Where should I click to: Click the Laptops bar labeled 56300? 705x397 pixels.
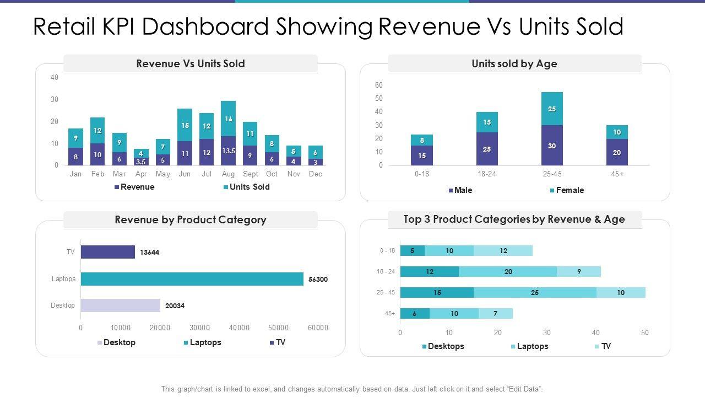pyautogui.click(x=192, y=279)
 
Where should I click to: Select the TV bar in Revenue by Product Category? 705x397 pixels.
pyautogui.click(x=108, y=252)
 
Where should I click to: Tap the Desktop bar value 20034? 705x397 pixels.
pyautogui.click(x=120, y=305)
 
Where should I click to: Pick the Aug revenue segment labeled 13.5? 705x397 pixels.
pyautogui.click(x=228, y=151)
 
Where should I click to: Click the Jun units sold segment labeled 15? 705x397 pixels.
pyautogui.click(x=185, y=125)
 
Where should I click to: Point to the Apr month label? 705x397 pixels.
pyautogui.click(x=141, y=174)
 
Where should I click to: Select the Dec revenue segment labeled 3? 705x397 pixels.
pyautogui.click(x=315, y=162)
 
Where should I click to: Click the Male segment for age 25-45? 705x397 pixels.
pyautogui.click(x=552, y=146)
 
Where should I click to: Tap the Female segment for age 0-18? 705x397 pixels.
pyautogui.click(x=422, y=140)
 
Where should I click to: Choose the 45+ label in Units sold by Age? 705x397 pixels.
pyautogui.click(x=617, y=174)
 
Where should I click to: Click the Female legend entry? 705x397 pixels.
pyautogui.click(x=566, y=190)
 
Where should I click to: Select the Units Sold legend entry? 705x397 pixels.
pyautogui.click(x=246, y=187)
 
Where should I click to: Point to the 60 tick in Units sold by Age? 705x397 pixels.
pyautogui.click(x=379, y=85)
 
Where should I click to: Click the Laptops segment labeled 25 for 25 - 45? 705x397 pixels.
pyautogui.click(x=535, y=292)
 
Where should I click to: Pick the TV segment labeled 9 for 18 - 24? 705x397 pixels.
pyautogui.click(x=579, y=271)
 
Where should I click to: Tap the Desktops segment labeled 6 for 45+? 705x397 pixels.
pyautogui.click(x=415, y=314)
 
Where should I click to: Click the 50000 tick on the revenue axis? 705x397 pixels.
pyautogui.click(x=279, y=328)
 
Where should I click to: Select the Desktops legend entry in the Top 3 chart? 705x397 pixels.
pyautogui.click(x=443, y=346)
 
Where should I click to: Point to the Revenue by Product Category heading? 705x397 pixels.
pyautogui.click(x=191, y=220)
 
